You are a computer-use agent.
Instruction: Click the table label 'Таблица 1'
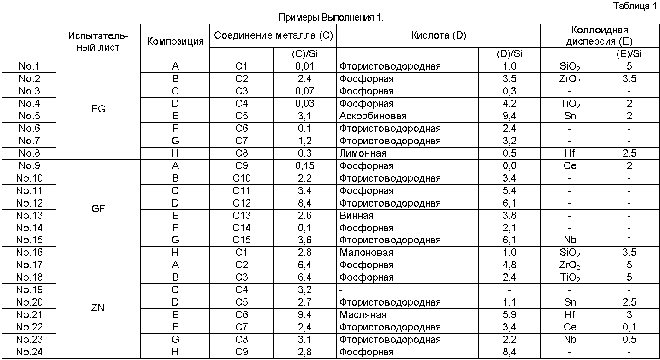coord(635,6)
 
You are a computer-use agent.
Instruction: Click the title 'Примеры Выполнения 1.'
coord(331,18)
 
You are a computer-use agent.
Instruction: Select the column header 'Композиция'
coord(175,41)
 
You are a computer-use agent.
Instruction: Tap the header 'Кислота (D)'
coord(438,36)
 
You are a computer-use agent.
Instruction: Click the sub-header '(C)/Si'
coord(304,54)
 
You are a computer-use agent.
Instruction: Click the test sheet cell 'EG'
coord(98,109)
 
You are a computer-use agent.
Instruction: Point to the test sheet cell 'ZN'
coord(98,308)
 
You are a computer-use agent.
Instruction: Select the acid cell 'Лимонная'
coord(363,153)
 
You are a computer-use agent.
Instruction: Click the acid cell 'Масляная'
coord(363,315)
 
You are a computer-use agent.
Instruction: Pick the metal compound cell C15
coord(242,240)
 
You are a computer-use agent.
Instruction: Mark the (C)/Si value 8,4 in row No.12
coord(304,203)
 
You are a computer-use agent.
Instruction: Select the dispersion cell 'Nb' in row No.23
coord(570,340)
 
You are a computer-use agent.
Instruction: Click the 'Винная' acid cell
coord(357,215)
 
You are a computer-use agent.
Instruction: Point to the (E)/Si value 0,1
coord(629,327)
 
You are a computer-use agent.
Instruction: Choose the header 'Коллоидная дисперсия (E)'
coord(600,36)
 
